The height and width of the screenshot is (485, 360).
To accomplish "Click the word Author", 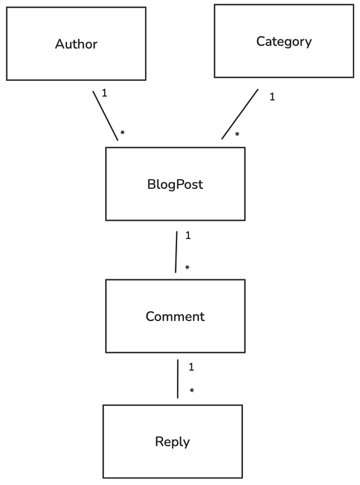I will coord(76,44).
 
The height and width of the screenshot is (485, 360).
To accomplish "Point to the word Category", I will coord(283,42).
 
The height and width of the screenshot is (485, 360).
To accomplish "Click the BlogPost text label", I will coord(175,184).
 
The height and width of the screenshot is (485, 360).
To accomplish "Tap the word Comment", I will coord(175,316).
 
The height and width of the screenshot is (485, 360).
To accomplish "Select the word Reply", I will coord(172,442).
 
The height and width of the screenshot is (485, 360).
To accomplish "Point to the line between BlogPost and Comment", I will coord(176,252).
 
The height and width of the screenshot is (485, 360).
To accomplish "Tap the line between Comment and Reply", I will coord(178,379).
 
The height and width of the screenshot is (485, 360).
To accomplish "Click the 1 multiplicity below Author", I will coord(104,93).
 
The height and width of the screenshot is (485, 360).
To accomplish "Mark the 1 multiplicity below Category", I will coord(272,97).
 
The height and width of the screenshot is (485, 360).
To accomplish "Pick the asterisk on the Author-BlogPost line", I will coord(122,134).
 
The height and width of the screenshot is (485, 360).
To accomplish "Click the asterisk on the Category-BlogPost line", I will coord(237,135).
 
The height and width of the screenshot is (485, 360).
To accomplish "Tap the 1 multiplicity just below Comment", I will coord(191,367).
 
